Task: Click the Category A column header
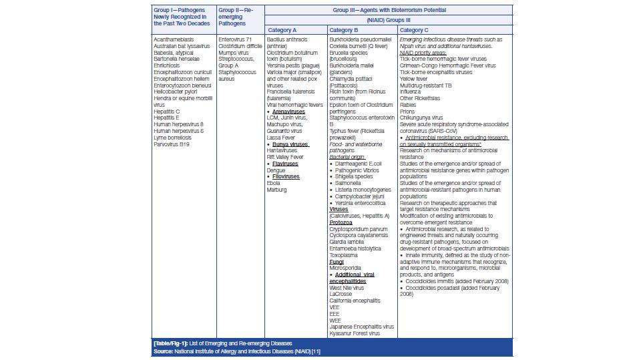[282, 30]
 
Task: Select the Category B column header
[344, 30]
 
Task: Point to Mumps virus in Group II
[234, 53]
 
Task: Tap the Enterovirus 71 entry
[236, 40]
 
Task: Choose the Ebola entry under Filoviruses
[274, 183]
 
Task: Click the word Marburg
[276, 190]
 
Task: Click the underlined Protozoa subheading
[341, 222]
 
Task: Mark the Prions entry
[408, 112]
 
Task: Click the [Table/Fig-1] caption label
[170, 343]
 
